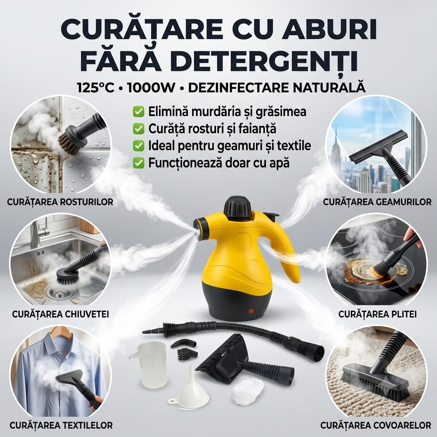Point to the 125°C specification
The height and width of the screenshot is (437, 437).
click(96, 87)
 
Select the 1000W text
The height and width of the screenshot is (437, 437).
click(151, 87)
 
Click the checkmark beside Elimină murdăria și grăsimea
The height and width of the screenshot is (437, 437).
click(139, 112)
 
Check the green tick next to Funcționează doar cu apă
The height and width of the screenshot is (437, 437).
click(139, 163)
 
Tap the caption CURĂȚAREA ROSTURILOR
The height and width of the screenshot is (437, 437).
click(60, 202)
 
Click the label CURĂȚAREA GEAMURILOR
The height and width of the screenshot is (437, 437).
click(377, 202)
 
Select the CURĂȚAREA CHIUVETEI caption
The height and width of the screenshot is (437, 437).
click(60, 314)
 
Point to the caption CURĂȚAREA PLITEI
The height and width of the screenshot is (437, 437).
click(377, 314)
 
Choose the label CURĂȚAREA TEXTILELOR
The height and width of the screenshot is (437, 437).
click(61, 425)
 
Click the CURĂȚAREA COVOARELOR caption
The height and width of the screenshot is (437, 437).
click(376, 425)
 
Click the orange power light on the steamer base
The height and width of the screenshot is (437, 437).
click(252, 311)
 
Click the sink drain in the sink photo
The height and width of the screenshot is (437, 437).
click(57, 292)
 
